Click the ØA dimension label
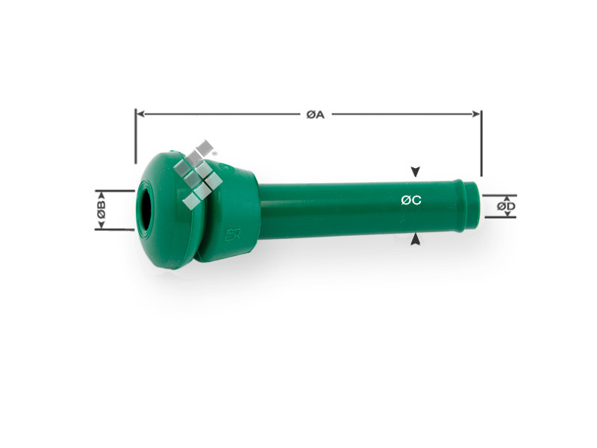315,114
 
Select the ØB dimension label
101,210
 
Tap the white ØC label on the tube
411,200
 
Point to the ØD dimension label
506,207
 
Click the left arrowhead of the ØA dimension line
140,114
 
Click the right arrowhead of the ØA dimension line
476,114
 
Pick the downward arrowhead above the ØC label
416,172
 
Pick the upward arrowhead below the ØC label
416,239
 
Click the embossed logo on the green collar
231,234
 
